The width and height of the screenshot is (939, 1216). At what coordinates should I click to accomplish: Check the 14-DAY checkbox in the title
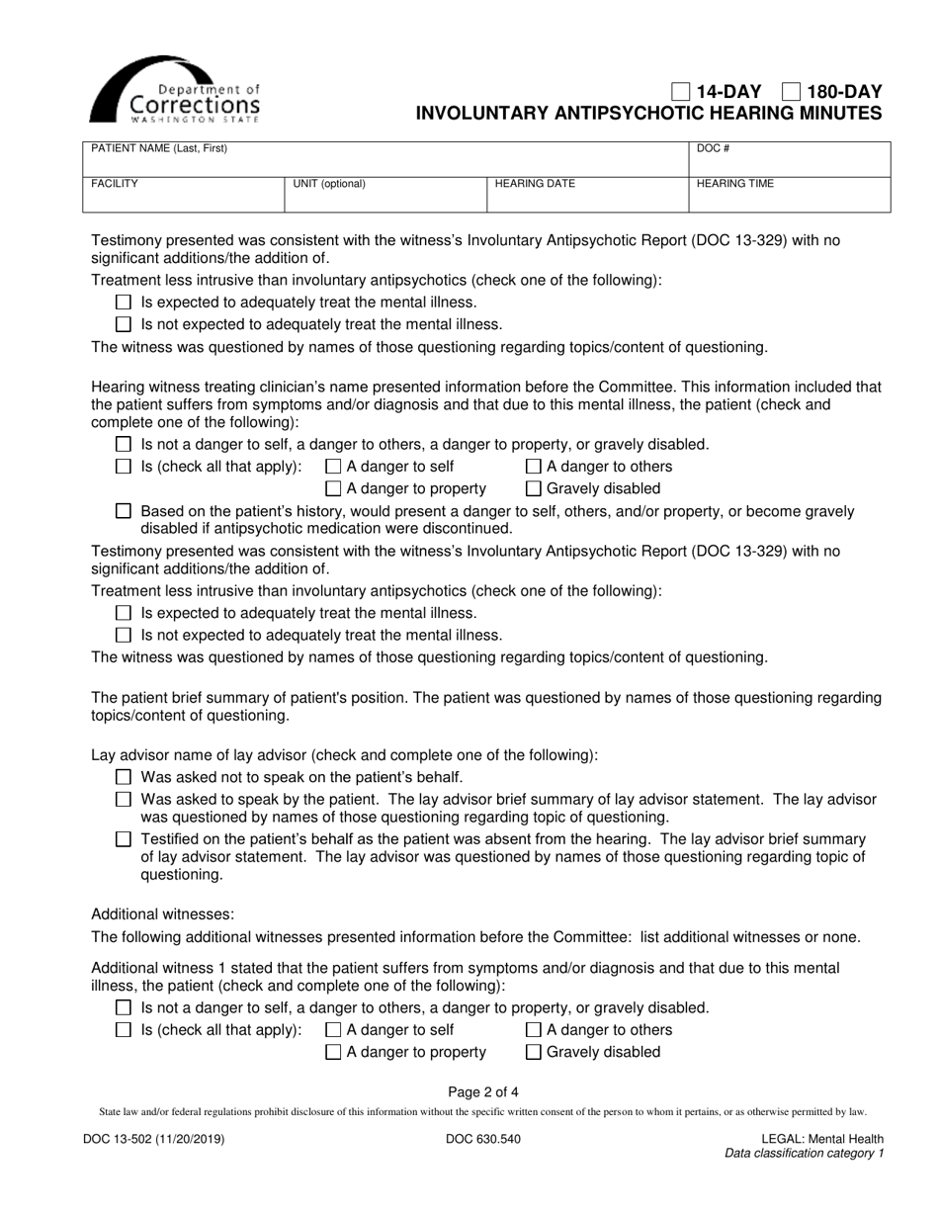click(681, 92)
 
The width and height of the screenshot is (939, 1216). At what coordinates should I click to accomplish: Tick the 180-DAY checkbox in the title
click(791, 92)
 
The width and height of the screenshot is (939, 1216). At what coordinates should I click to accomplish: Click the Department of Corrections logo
click(175, 90)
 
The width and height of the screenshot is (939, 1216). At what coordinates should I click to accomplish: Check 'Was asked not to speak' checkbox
click(124, 777)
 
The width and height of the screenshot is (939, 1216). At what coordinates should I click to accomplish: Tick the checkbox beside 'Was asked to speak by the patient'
click(124, 799)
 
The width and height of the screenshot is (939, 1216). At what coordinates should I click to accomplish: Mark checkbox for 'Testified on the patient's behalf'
click(124, 838)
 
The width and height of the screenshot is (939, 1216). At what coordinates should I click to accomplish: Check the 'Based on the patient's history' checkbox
click(124, 511)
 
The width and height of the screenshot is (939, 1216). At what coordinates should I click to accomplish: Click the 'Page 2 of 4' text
click(482, 1092)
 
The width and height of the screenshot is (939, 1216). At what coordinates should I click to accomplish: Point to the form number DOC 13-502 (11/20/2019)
click(153, 1139)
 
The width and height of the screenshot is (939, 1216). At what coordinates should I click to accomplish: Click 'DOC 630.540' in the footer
click(482, 1139)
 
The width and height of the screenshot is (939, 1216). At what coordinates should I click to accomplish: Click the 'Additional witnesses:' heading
click(163, 914)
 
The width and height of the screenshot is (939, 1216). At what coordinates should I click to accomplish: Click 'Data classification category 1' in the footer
click(804, 1153)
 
